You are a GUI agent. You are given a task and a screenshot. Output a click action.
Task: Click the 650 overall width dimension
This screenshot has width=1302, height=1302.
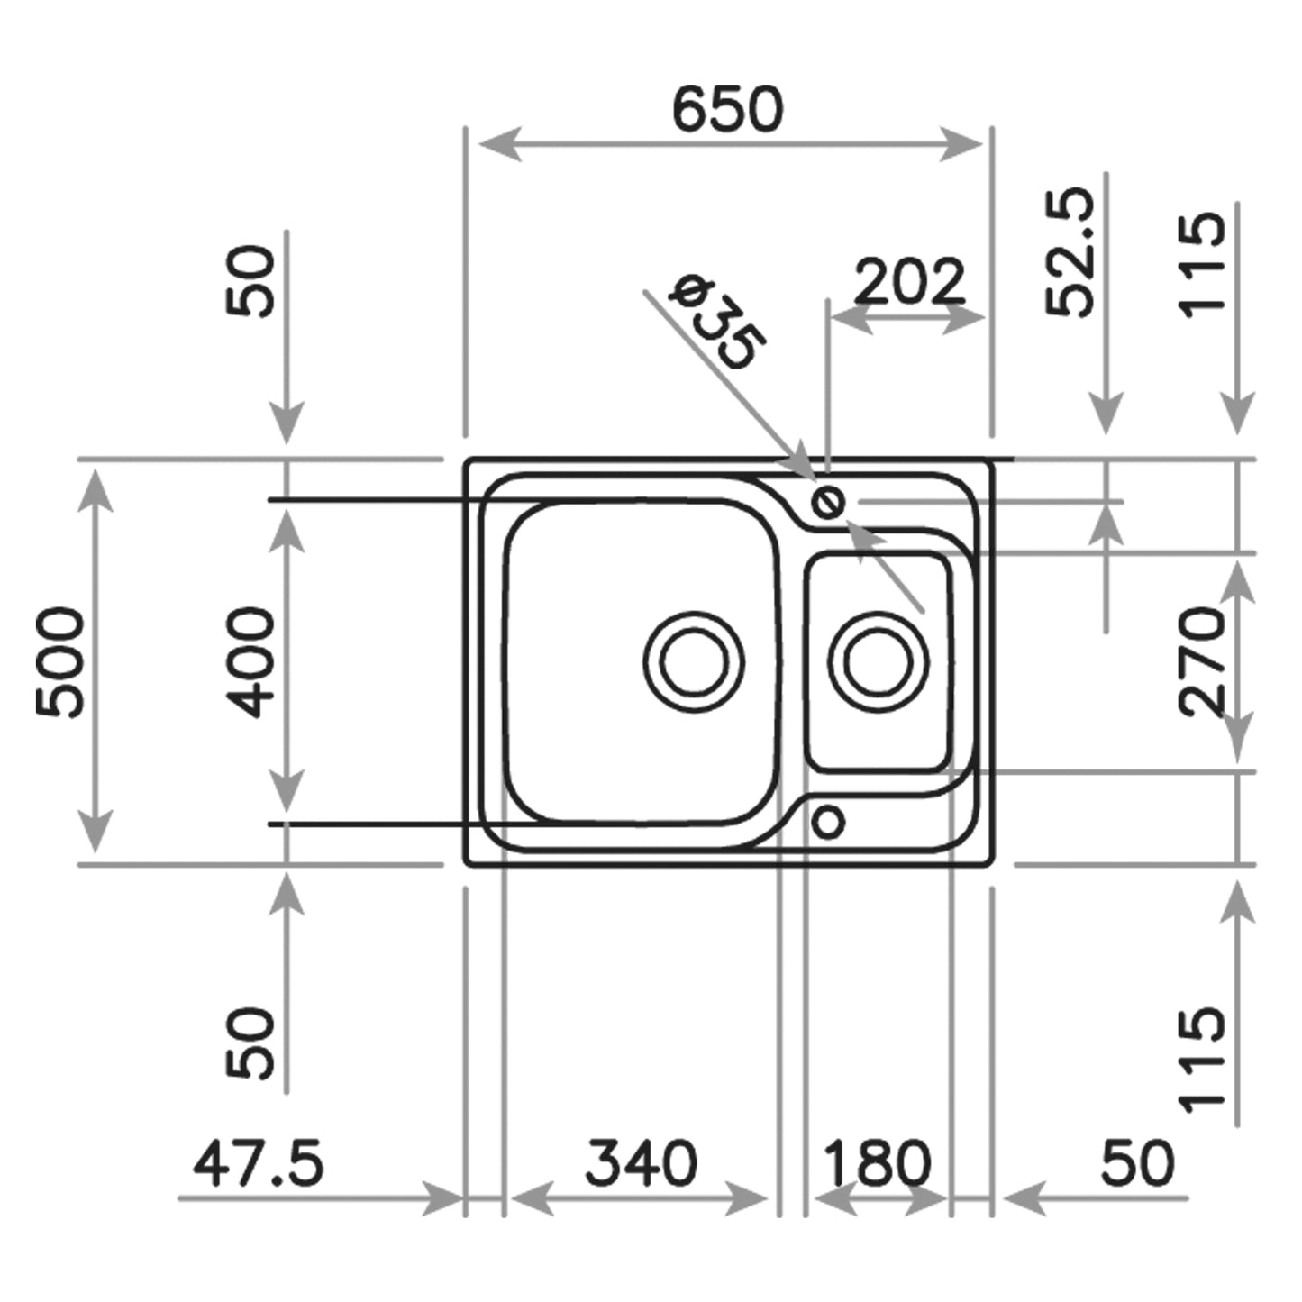[x=728, y=110]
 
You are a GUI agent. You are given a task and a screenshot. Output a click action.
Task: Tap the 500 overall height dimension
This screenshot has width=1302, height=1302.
[x=61, y=662]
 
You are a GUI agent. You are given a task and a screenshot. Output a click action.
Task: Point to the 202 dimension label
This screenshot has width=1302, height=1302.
[x=908, y=281]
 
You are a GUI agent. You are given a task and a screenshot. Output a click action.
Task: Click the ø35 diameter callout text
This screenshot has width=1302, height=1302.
[x=719, y=324]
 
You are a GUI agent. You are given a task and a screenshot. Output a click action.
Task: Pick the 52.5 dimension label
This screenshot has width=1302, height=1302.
[x=1072, y=252]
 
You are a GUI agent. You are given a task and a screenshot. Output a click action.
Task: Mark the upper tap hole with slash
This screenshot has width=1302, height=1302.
[x=827, y=501]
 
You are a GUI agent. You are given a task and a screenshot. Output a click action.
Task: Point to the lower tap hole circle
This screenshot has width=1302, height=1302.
[x=828, y=822]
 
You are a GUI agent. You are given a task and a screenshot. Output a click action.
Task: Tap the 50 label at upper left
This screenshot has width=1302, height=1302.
[x=250, y=281]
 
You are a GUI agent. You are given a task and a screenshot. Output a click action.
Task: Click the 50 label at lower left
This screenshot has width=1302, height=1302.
[x=250, y=1043]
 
